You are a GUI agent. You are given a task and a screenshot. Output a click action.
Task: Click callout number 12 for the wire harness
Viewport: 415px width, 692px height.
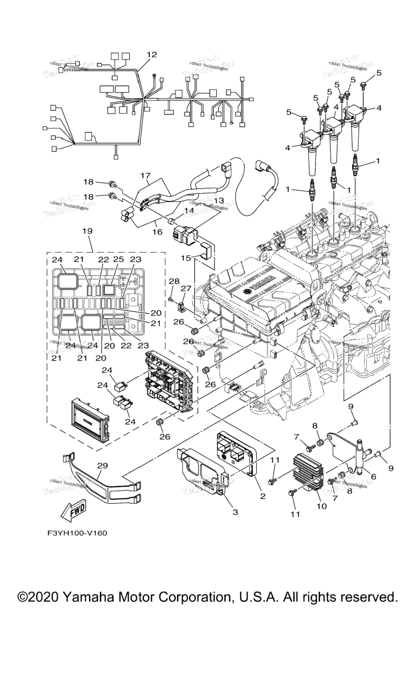pos(151,55)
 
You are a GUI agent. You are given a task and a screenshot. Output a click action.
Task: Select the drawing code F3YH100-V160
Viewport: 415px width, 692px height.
pos(77,533)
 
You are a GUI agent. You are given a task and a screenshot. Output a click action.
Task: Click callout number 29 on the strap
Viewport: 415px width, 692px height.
pos(102,465)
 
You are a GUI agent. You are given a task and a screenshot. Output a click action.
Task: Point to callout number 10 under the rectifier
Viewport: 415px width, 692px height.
pos(322,507)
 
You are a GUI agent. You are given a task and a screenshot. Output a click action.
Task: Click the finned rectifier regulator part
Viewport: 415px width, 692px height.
pos(307,471)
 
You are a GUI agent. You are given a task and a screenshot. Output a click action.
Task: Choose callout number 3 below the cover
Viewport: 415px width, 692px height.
pos(235,511)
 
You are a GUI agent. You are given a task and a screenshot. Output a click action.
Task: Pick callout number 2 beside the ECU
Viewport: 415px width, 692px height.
pos(263,495)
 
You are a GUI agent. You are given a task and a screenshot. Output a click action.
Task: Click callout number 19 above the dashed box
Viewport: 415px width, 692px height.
pos(87,231)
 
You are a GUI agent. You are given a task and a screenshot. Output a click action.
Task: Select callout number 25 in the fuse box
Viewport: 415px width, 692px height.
pos(119,260)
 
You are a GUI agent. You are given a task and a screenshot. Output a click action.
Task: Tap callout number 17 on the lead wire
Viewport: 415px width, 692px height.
pos(145,176)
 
